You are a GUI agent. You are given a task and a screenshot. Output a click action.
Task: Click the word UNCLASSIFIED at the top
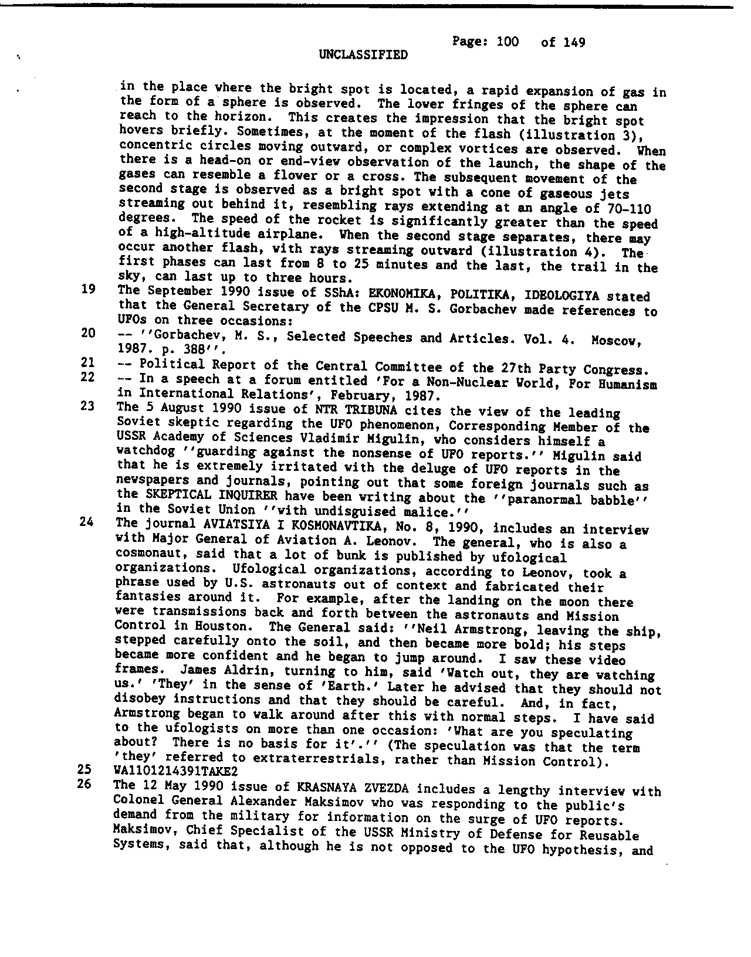(x=363, y=55)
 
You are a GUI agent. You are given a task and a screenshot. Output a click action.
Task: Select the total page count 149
(x=571, y=42)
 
